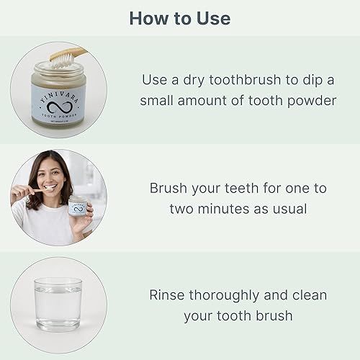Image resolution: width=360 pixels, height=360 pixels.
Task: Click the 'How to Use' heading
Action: [x=179, y=18]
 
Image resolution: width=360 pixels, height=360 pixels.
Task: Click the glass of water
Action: [x=58, y=304]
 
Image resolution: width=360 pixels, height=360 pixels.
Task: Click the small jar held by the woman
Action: [x=78, y=207]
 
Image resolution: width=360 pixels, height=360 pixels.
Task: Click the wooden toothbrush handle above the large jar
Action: [x=78, y=51]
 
